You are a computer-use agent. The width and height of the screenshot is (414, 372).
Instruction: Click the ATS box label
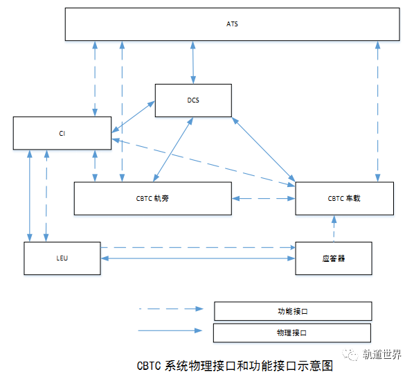tap(232, 24)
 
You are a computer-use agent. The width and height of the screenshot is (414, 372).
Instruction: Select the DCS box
tap(193, 100)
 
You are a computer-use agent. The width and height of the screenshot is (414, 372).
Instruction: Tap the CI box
tap(62, 133)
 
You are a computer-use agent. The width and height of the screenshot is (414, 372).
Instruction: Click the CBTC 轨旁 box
tap(153, 198)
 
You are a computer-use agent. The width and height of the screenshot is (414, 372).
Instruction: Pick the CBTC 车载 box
tap(345, 198)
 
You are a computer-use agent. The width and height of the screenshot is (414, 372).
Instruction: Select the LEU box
tap(62, 258)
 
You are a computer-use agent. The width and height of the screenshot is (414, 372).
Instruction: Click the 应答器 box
tap(334, 258)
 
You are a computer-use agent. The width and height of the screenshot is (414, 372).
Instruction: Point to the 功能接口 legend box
tap(293, 311)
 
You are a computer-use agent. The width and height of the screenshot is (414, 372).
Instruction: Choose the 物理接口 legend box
tap(292, 333)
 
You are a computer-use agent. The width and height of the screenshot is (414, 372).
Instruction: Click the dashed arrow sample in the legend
tap(171, 308)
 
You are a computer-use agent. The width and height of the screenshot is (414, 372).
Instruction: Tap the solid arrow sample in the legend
tap(170, 330)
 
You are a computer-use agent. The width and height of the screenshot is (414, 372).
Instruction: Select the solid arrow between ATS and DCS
tap(193, 62)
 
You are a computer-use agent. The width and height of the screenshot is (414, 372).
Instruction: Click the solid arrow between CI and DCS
tap(133, 116)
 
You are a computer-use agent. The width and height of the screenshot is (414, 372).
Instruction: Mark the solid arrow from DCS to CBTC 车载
tap(264, 149)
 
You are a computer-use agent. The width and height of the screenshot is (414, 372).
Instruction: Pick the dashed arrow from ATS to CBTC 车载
tap(378, 112)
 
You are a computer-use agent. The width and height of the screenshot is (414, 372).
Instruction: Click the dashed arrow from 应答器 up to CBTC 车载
tap(334, 229)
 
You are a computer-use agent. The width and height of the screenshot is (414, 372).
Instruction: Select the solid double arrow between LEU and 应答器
tap(198, 258)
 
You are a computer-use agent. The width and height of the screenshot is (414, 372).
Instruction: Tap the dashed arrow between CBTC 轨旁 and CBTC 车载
tap(264, 198)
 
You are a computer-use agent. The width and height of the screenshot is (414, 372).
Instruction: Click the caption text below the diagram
tap(235, 366)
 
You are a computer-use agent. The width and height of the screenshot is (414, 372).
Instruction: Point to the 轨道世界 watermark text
tap(381, 354)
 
